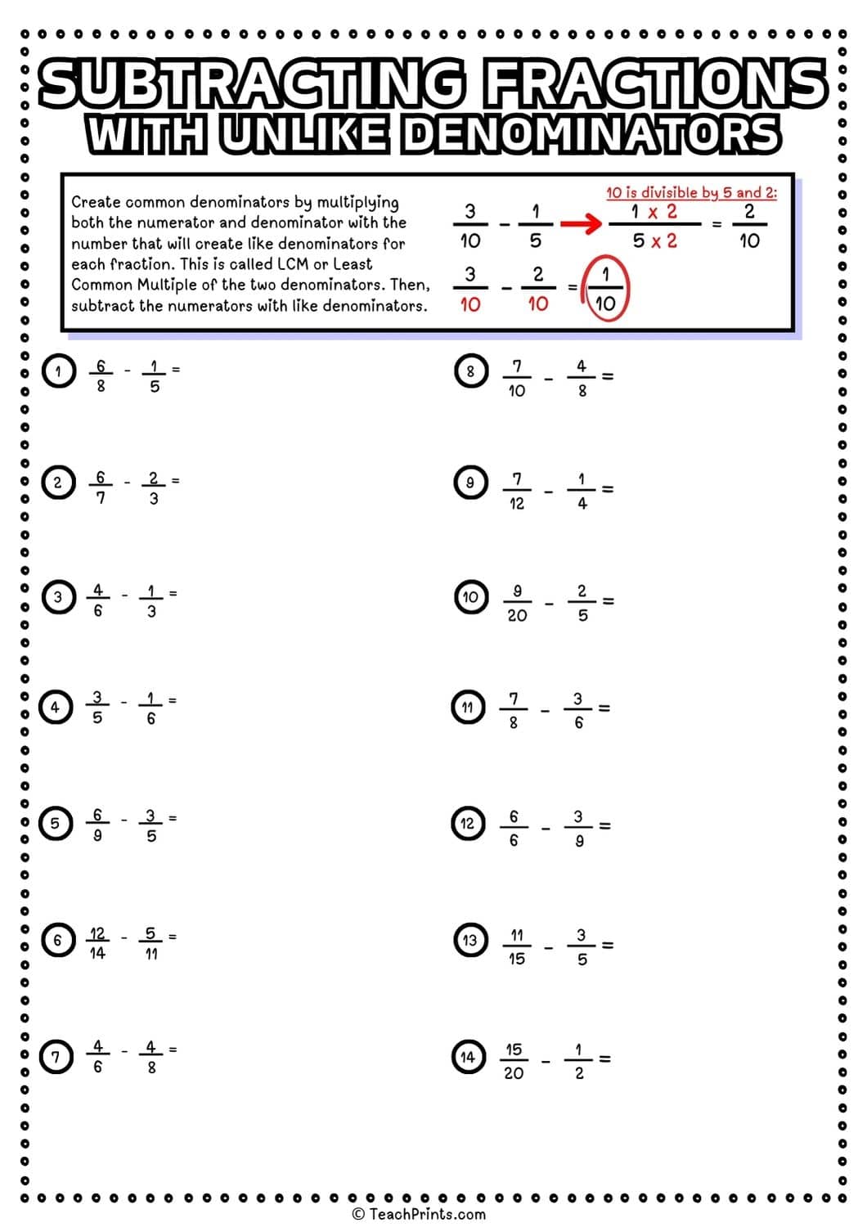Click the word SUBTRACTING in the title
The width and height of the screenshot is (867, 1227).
tap(253, 85)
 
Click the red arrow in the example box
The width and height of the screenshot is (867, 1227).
tap(582, 224)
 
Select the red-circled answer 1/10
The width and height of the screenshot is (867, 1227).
tap(605, 290)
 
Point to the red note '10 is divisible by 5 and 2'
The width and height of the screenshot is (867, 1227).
tap(691, 193)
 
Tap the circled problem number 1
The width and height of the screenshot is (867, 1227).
tap(57, 371)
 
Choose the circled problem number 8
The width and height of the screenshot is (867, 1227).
tap(470, 371)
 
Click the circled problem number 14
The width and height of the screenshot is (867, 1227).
tap(467, 1057)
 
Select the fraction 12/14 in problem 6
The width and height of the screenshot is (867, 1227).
tap(97, 943)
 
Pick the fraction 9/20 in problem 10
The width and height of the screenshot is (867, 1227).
tap(517, 603)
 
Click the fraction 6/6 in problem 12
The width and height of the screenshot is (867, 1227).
tap(514, 828)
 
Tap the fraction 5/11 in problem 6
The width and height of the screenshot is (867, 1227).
tap(151, 943)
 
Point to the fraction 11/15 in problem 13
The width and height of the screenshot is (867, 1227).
tap(517, 946)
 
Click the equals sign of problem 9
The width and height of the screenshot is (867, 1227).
tap(607, 490)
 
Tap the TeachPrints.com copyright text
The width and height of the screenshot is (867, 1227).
tap(419, 1214)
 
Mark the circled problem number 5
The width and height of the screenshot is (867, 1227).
tap(56, 823)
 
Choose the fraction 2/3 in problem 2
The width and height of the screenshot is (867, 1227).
tap(153, 488)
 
